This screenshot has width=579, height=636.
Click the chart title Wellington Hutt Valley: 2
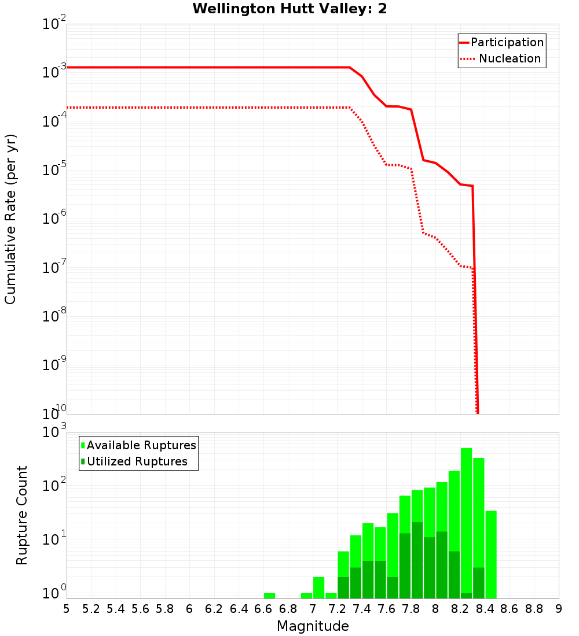289,9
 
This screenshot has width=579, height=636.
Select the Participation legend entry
501,43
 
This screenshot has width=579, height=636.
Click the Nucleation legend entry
501,59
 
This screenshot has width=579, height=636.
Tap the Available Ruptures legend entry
139,445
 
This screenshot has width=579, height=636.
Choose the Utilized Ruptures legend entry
134,461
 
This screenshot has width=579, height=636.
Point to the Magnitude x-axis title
313,626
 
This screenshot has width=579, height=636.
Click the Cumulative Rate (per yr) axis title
10,219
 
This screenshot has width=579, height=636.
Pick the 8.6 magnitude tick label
510,609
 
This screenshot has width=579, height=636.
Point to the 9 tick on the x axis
559,609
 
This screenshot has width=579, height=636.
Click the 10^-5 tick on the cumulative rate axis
55,170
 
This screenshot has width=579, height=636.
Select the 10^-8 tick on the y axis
55,316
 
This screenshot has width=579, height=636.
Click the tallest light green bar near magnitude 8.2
467,520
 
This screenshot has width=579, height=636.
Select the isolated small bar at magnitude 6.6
269,596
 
